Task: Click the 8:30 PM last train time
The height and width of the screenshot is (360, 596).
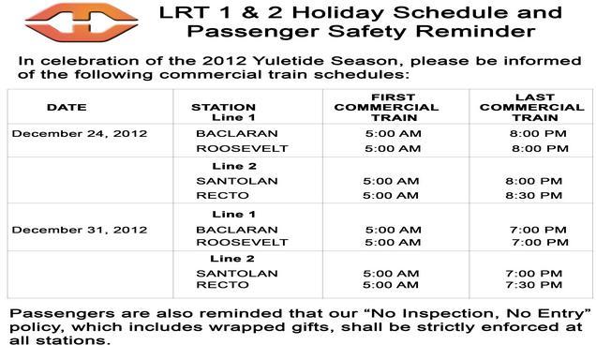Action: point(533,196)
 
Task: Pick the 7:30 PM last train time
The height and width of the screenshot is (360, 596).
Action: point(533,285)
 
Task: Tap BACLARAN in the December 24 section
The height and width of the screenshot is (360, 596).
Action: point(225,133)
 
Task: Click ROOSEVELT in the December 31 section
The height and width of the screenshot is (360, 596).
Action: point(229,242)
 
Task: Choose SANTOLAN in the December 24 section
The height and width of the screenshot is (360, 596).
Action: point(226,180)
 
